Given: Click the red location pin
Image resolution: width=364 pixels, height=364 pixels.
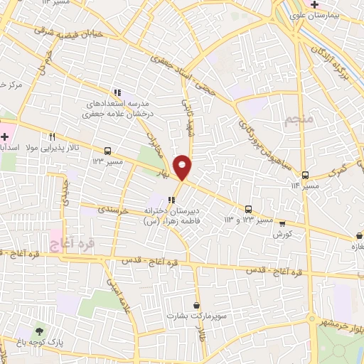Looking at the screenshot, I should pos(183,166).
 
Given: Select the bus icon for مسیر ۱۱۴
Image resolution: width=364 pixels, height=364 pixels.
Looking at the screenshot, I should pos(305,175).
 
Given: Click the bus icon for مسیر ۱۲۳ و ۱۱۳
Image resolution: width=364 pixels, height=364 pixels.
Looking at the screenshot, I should pos(248,209).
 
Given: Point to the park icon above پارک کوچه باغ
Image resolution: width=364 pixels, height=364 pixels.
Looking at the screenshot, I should pos(39,331).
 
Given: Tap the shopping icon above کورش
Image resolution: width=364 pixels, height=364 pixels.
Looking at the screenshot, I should pos(282,223).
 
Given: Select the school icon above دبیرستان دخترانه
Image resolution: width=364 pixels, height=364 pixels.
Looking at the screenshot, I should pos(171,200).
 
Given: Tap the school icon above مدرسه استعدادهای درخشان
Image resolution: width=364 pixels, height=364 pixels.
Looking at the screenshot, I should pos(119,92).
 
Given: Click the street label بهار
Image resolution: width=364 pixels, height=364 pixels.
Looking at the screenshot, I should pos(164,173).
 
